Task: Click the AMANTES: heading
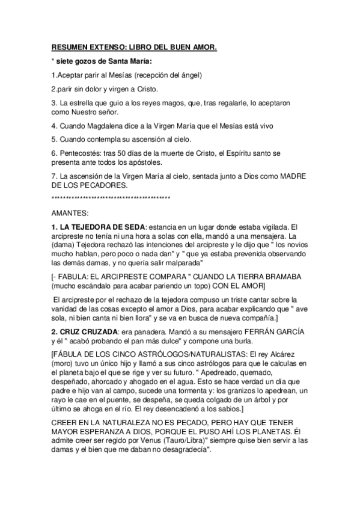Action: coord(70,213)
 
